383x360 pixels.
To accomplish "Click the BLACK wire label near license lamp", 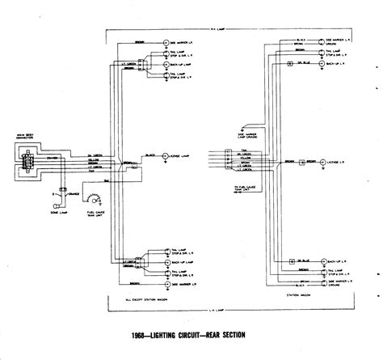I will point(149,151).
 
